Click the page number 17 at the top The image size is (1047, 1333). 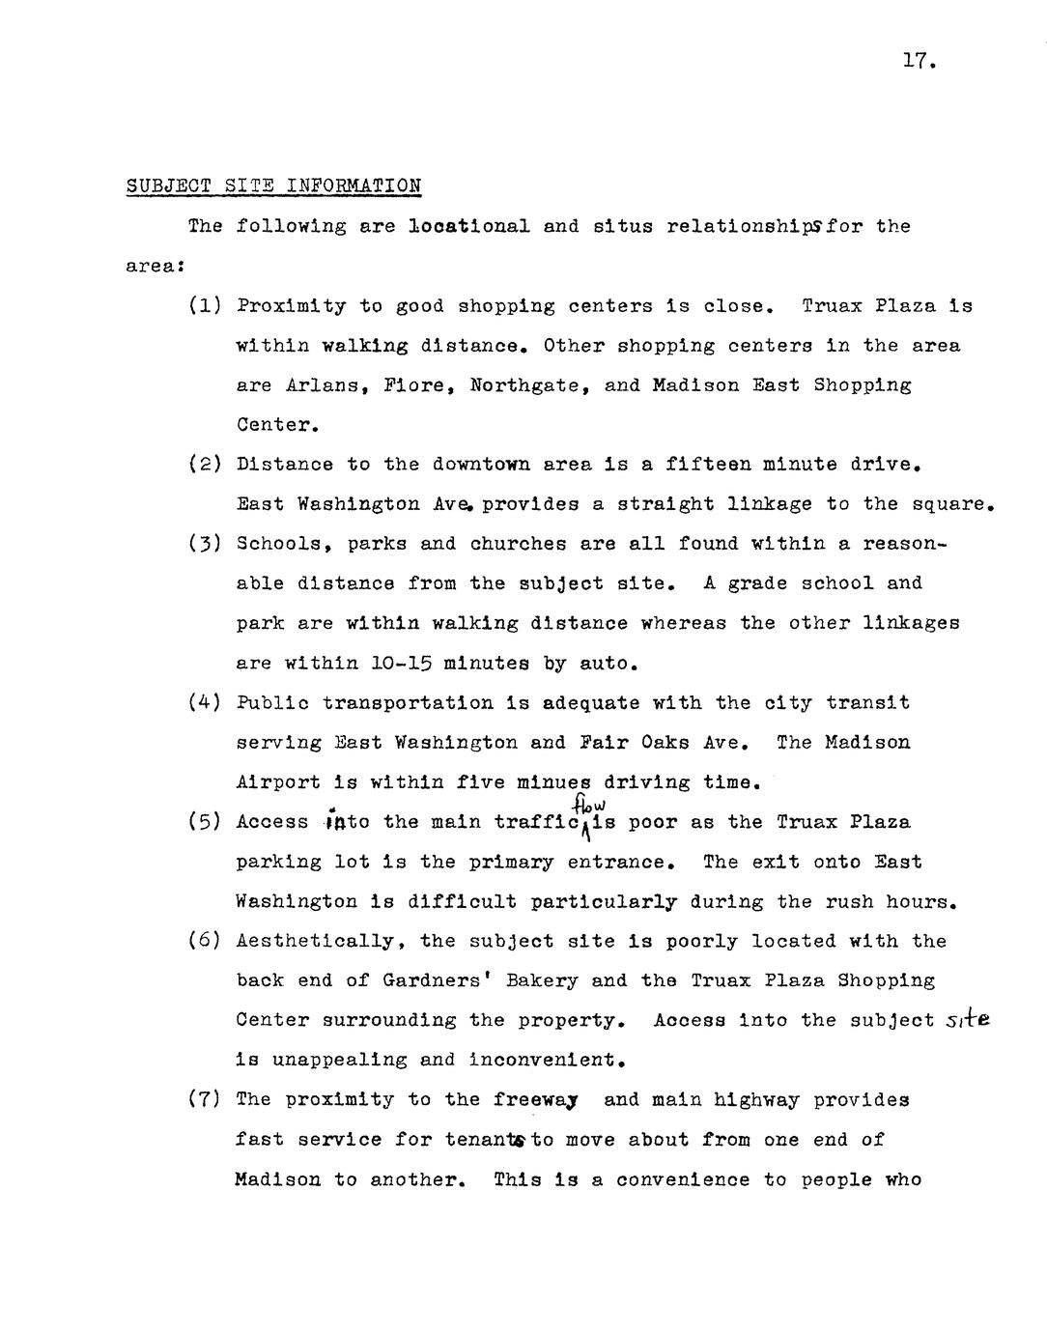(919, 62)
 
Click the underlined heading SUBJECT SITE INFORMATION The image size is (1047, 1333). (273, 185)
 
